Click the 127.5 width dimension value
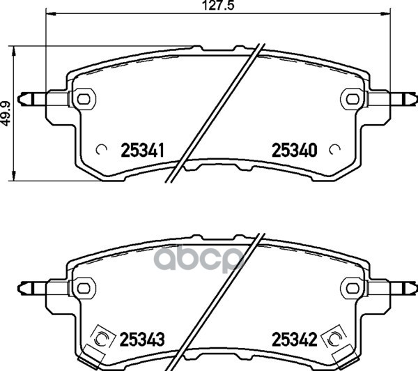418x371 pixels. (x=218, y=6)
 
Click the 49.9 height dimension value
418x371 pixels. (x=6, y=113)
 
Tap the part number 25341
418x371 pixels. (x=142, y=150)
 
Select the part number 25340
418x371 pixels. (x=294, y=150)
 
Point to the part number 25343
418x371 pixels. (x=142, y=339)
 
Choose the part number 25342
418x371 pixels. (x=294, y=339)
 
